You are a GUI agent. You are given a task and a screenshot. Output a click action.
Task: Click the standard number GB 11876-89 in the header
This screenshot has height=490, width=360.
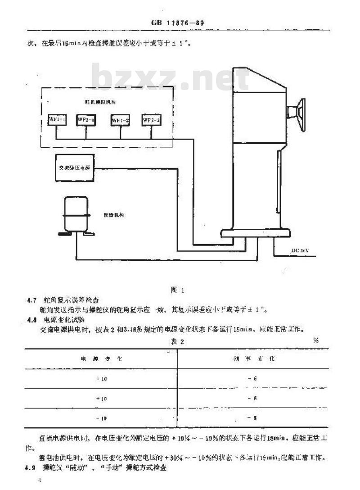pyautogui.click(x=179, y=22)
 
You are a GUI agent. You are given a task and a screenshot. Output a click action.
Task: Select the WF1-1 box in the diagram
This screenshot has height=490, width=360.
pyautogui.click(x=57, y=120)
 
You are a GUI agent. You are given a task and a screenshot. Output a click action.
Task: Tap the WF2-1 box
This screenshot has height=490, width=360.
pyautogui.click(x=85, y=120)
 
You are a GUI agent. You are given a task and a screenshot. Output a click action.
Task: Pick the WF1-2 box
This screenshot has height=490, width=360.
pyautogui.click(x=121, y=121)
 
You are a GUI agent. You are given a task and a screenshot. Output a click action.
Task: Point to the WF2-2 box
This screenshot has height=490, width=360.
pyautogui.click(x=151, y=120)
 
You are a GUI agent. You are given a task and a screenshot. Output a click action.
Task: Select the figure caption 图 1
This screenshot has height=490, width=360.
pyautogui.click(x=176, y=290)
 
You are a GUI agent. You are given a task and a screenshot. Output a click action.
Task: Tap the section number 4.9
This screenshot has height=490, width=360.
pyautogui.click(x=30, y=468)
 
